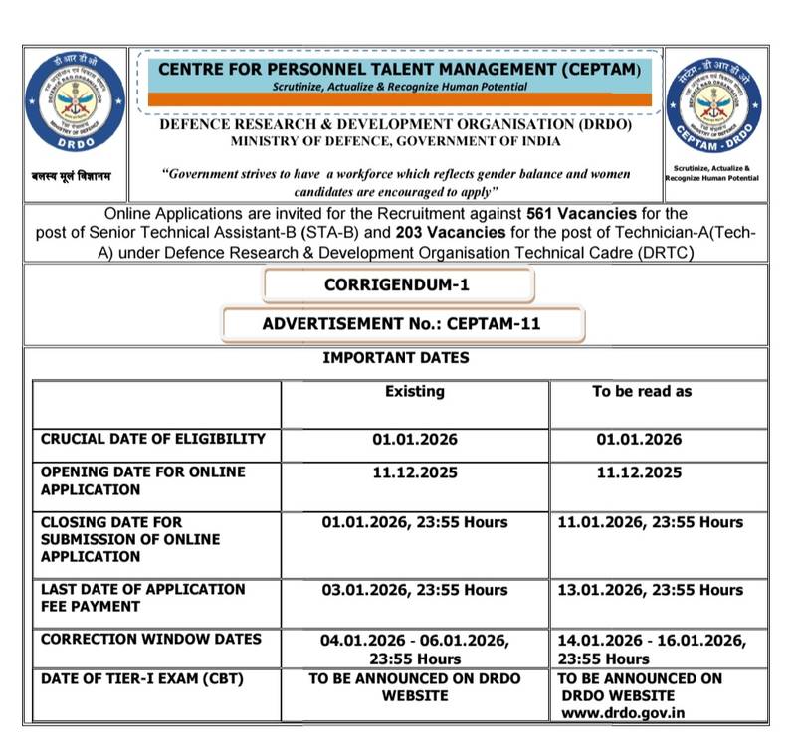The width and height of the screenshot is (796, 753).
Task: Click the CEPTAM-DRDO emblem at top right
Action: [712, 105]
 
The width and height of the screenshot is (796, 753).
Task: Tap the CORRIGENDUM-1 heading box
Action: [397, 285]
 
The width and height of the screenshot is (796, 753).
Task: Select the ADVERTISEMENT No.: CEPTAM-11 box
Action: [402, 324]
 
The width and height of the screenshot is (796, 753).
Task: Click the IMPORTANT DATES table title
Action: [395, 358]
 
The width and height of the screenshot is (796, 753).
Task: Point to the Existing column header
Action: [415, 392]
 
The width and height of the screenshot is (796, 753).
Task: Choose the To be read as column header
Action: [641, 392]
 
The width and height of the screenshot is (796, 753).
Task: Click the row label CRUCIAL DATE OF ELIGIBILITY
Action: [153, 439]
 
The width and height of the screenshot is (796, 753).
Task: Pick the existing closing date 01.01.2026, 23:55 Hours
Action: [415, 522]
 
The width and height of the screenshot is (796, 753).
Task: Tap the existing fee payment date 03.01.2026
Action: [415, 590]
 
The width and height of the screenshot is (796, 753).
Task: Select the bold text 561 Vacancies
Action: [580, 214]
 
